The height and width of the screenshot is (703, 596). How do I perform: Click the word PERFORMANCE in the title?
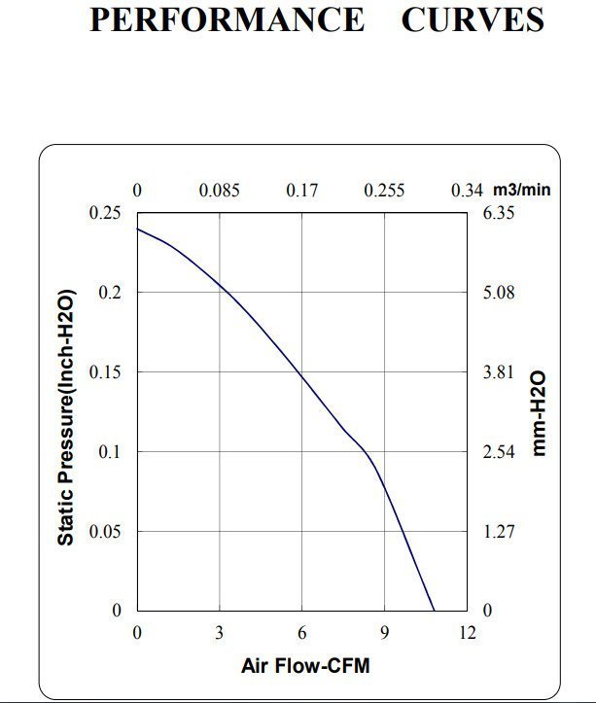click(x=228, y=20)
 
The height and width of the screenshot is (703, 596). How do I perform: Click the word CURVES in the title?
click(x=473, y=20)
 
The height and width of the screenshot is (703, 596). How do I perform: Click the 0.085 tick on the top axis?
click(x=220, y=191)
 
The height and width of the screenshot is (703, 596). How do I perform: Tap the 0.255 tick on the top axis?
click(x=384, y=191)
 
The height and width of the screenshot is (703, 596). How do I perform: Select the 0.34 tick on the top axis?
click(x=467, y=191)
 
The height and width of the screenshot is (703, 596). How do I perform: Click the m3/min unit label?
click(x=521, y=190)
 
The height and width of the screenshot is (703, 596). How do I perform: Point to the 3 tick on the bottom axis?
click(x=220, y=633)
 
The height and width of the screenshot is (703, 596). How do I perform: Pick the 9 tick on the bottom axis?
click(x=385, y=633)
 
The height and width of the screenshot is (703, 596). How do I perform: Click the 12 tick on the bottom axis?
click(x=468, y=633)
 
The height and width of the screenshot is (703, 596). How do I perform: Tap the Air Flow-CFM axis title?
click(x=305, y=667)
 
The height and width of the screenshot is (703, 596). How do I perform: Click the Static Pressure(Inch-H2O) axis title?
click(x=65, y=415)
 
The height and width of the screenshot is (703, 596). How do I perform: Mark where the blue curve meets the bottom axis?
click(x=434, y=612)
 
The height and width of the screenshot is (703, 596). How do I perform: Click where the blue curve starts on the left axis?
click(x=137, y=228)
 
